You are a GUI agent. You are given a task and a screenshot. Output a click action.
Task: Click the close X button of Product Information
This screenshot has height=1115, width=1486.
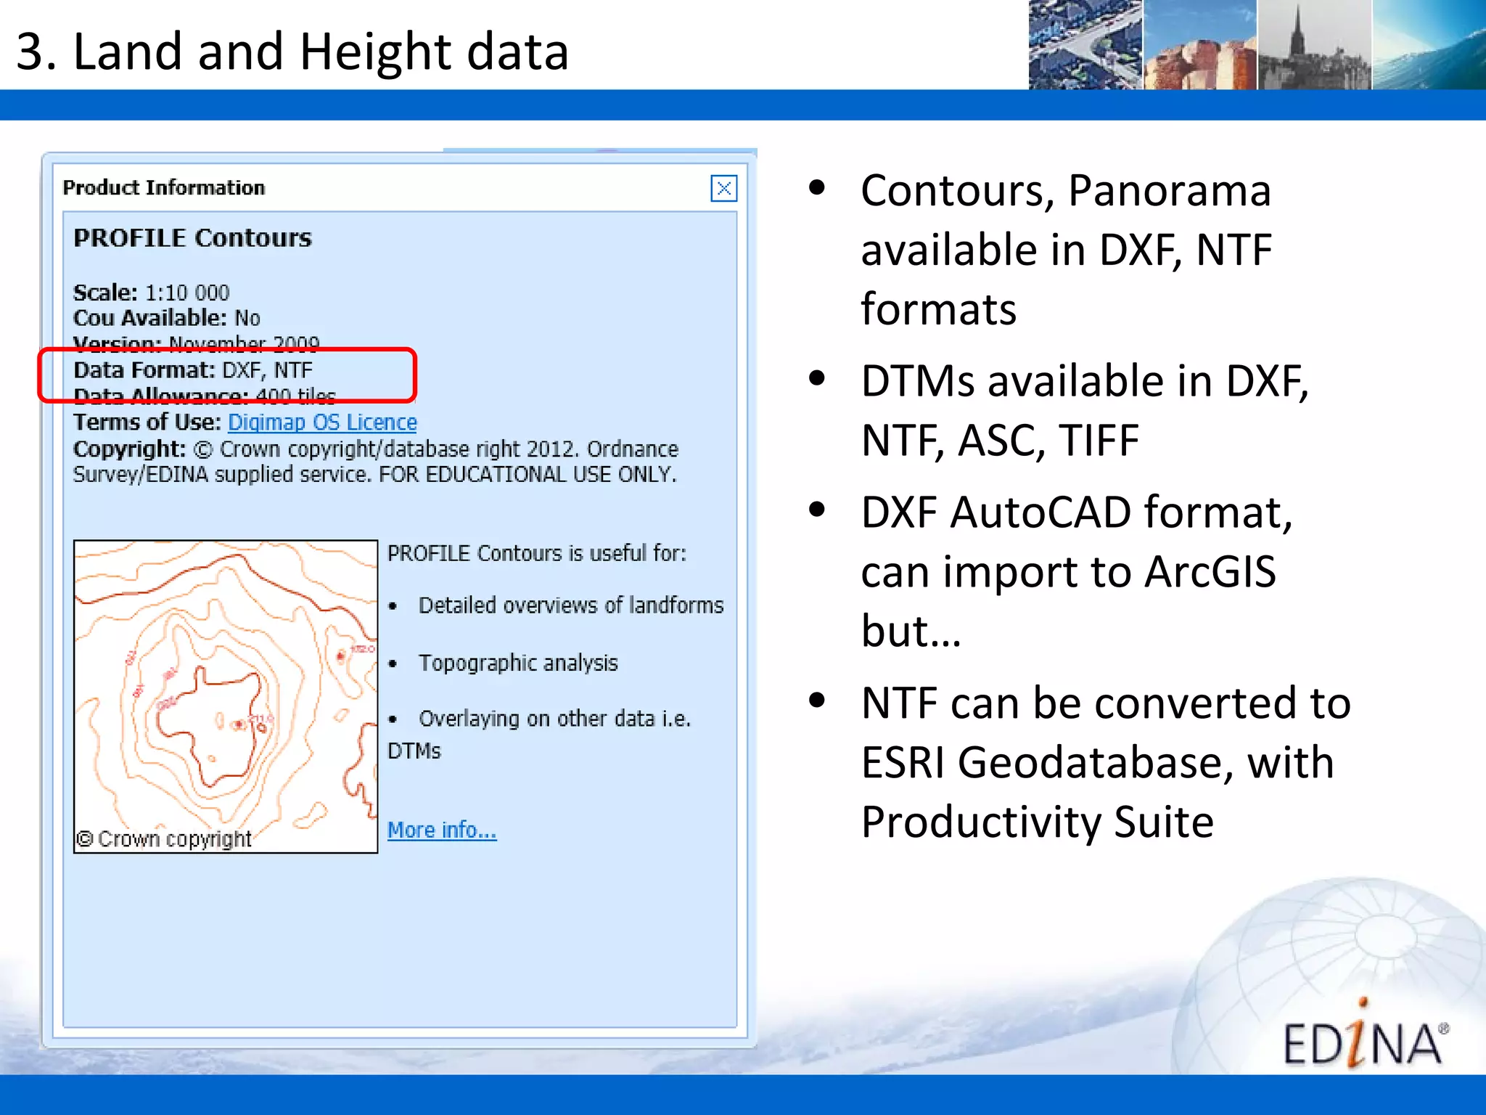pyautogui.click(x=723, y=189)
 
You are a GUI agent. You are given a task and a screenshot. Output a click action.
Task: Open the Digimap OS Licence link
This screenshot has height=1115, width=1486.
pyautogui.click(x=322, y=422)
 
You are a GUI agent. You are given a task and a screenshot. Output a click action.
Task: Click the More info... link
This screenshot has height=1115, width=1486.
pyautogui.click(x=441, y=830)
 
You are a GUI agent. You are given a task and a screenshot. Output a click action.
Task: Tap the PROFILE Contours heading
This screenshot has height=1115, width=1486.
pyautogui.click(x=192, y=238)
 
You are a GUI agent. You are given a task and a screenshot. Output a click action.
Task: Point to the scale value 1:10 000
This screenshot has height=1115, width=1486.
pyautogui.click(x=187, y=293)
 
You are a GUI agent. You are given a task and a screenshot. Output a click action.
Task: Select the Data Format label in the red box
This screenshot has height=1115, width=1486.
pyautogui.click(x=144, y=370)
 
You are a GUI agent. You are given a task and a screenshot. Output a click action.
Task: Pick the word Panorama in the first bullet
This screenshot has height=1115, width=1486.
pyautogui.click(x=1169, y=191)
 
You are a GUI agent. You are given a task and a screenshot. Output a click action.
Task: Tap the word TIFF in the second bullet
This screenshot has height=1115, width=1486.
pyautogui.click(x=1098, y=441)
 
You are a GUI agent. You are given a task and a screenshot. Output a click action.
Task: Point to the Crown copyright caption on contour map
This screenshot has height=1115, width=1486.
pyautogui.click(x=165, y=839)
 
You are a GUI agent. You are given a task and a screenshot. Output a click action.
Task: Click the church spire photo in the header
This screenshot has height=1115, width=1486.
pyautogui.click(x=1313, y=45)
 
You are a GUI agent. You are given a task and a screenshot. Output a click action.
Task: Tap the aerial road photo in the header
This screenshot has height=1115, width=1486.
pyautogui.click(x=1085, y=45)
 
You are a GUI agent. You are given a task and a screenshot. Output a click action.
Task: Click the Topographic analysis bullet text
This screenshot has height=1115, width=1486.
pyautogui.click(x=518, y=663)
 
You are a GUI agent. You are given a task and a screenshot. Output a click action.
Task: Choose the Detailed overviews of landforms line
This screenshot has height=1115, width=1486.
pyautogui.click(x=571, y=605)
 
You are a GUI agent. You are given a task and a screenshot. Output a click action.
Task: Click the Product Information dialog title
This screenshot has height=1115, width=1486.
pyautogui.click(x=164, y=188)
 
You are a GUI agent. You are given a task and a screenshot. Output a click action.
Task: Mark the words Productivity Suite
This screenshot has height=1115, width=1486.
pyautogui.click(x=1037, y=822)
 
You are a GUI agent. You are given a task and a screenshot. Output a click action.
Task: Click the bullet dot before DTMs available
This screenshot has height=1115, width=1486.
pyautogui.click(x=817, y=378)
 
